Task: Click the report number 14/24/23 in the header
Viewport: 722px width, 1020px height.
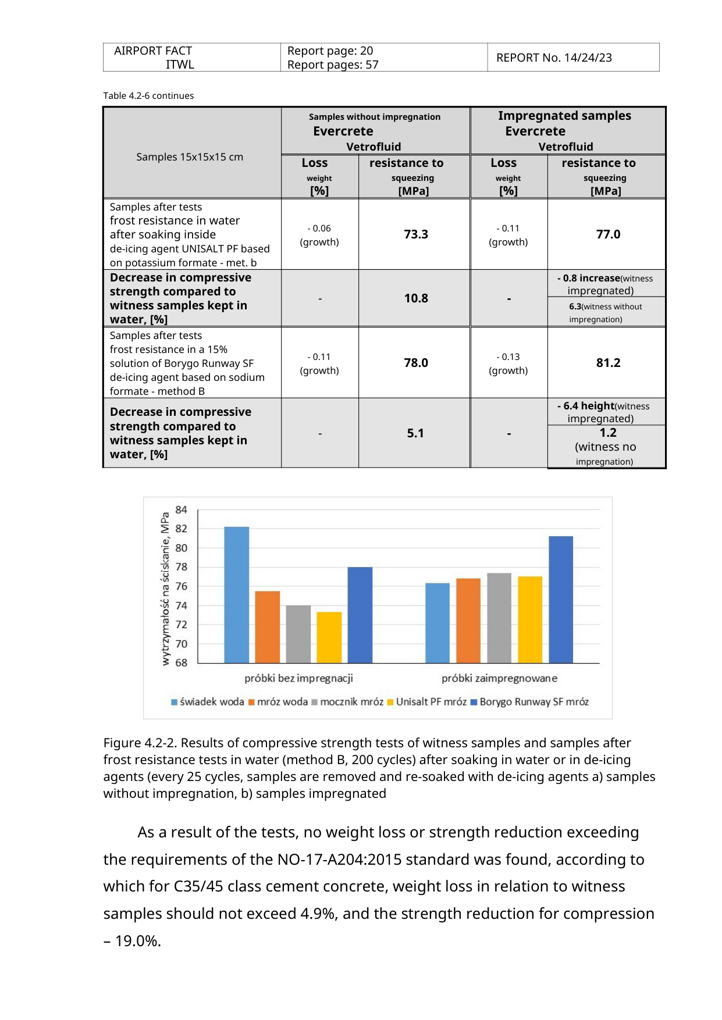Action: point(588,58)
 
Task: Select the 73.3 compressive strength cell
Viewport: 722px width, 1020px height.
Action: point(416,234)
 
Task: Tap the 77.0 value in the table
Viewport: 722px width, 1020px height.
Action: point(608,234)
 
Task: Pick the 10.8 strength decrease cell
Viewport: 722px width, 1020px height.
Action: point(416,298)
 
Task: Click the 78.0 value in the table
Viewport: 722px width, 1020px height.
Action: point(416,363)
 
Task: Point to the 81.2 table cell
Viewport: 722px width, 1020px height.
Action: point(608,363)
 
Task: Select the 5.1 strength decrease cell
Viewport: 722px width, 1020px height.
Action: point(415,433)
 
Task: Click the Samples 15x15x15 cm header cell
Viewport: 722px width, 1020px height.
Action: point(190,157)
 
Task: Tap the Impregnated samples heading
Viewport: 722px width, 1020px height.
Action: point(564,116)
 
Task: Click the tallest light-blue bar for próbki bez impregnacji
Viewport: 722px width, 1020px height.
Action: point(237,595)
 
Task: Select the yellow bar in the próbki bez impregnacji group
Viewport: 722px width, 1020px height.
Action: point(329,637)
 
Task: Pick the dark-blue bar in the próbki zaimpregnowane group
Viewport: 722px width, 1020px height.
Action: point(561,600)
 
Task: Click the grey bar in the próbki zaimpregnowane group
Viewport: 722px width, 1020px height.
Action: point(499,618)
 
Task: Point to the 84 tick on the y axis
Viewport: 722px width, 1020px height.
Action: point(182,510)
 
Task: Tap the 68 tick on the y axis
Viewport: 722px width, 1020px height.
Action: point(182,662)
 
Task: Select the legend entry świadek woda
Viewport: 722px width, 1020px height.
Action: point(208,702)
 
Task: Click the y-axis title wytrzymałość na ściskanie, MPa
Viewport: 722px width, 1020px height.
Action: point(166,589)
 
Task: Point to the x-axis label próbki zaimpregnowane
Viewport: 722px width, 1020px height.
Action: point(499,678)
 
